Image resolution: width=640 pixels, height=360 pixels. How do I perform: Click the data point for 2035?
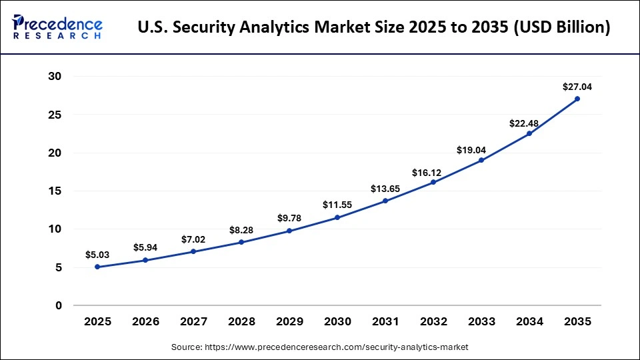coord(577,99)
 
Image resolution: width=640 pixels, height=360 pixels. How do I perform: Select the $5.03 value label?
coord(97,255)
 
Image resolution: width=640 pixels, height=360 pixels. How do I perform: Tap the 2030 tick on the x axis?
coord(337,322)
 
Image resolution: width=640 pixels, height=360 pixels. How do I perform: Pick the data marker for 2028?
coord(241,242)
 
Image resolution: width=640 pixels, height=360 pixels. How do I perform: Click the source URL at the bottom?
coord(319,347)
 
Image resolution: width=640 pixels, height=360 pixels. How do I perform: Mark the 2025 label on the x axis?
coord(97,322)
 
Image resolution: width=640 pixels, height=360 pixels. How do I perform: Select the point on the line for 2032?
coord(433,182)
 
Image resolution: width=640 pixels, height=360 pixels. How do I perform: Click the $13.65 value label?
coord(385,188)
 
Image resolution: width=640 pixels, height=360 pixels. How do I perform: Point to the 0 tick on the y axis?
coord(58,306)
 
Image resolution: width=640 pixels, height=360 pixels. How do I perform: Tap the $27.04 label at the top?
coord(577,87)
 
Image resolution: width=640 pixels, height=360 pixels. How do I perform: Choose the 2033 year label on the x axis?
coord(481,322)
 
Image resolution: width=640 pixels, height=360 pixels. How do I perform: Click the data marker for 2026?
coord(145,260)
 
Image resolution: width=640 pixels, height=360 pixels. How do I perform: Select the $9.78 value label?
coord(289,218)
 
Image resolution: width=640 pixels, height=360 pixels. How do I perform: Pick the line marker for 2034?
coord(529,133)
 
